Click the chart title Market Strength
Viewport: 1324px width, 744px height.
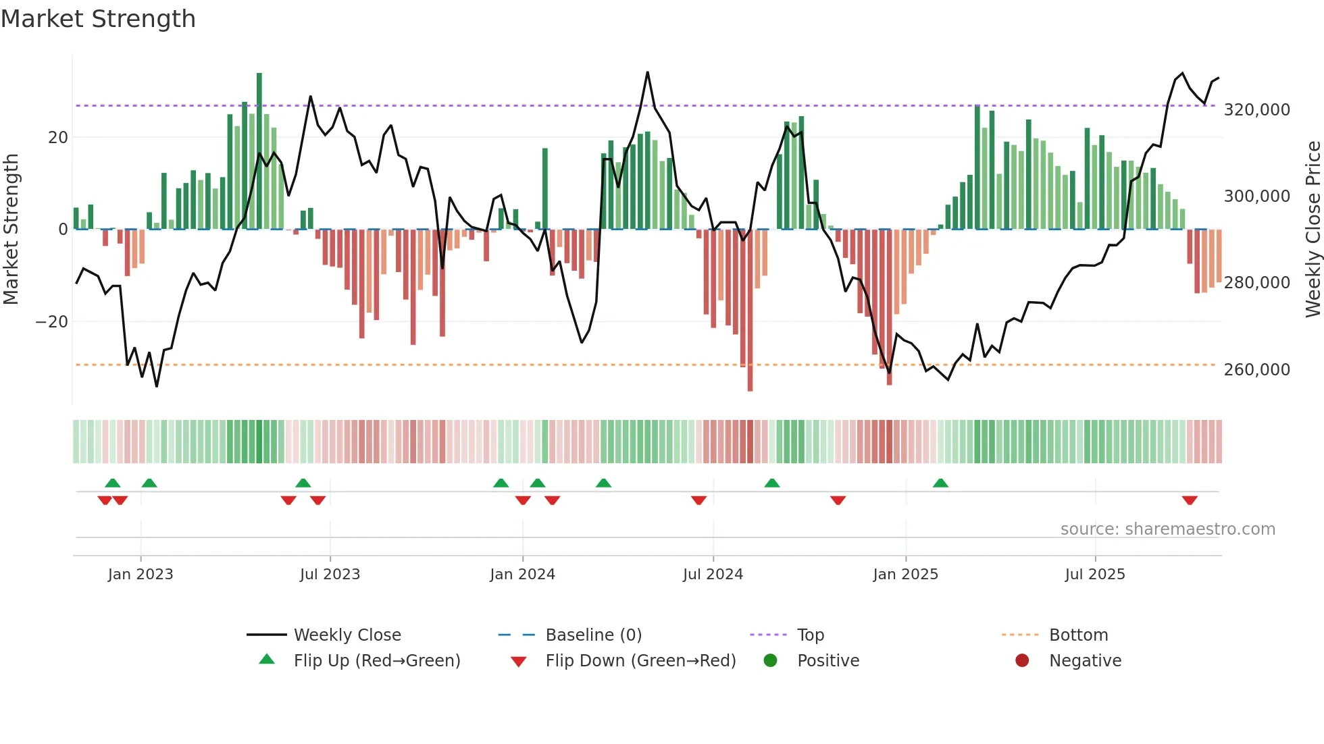(98, 19)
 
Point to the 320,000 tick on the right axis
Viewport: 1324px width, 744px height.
(1256, 109)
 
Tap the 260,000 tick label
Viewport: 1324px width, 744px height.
(1256, 369)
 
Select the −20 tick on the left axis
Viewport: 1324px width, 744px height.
(51, 321)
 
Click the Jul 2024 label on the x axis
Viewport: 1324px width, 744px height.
(713, 574)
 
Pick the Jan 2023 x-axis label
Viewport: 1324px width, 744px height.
(141, 574)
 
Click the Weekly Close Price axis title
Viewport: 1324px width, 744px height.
(1313, 229)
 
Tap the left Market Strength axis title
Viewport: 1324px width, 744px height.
(11, 229)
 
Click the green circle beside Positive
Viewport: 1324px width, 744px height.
(770, 660)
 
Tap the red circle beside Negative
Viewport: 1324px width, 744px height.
(1022, 660)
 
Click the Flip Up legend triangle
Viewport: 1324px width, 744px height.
(267, 660)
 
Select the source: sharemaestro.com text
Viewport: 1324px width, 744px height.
(1167, 529)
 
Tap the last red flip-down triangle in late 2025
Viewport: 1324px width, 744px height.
(1190, 500)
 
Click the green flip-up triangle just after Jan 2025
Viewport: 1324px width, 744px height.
(940, 483)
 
